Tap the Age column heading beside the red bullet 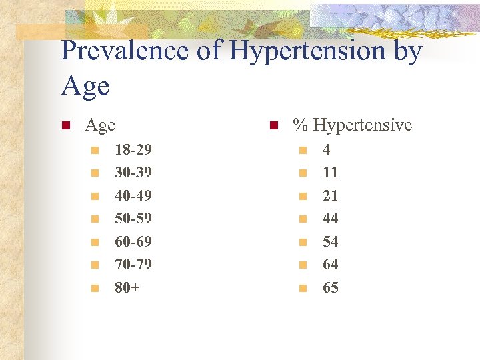tap(100, 125)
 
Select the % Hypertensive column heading tap(353, 125)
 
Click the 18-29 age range tap(133, 150)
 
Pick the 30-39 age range tap(133, 173)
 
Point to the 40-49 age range tap(133, 196)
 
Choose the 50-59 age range tap(133, 219)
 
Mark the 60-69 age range tap(133, 241)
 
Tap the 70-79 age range tap(133, 265)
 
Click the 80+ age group tap(127, 288)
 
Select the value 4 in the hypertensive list tap(327, 150)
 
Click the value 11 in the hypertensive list tap(330, 173)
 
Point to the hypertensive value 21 tap(330, 196)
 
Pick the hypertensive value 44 tap(330, 219)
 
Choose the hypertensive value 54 tap(330, 241)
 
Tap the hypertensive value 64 tap(330, 265)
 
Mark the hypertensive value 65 tap(330, 288)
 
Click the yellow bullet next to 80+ tap(95, 289)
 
